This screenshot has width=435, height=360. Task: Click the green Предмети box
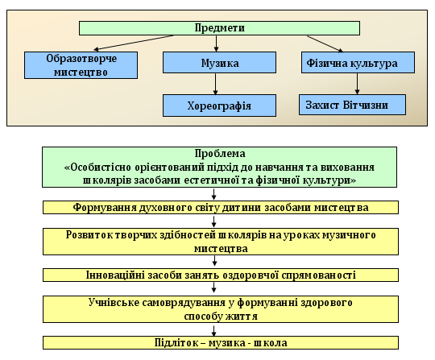pos(219,28)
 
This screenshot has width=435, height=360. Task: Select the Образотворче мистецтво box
pos(81,65)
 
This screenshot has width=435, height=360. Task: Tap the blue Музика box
pos(219,62)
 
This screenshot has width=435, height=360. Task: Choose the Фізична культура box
pos(358,62)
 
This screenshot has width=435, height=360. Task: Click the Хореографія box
pos(219,106)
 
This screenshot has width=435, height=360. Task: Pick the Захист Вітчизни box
pos(352,105)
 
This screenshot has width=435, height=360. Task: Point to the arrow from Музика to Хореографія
pos(216,84)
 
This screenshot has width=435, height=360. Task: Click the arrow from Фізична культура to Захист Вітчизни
pos(358,84)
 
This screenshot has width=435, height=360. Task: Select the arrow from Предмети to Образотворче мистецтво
pos(134,43)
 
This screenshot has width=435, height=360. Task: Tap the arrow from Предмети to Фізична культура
pos(325,43)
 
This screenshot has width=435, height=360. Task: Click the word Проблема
pos(220,154)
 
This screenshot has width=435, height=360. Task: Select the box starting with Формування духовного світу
pos(221,208)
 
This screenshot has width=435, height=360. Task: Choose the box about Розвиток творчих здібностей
pos(221,242)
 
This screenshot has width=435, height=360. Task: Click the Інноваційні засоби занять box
pos(221,275)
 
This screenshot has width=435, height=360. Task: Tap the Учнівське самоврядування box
pos(221,309)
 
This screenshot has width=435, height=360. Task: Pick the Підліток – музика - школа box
pos(221,343)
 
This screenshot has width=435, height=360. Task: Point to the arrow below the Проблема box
pos(214,194)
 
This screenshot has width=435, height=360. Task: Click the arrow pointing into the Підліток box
pos(214,330)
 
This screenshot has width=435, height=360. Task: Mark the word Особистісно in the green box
pos(97,168)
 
